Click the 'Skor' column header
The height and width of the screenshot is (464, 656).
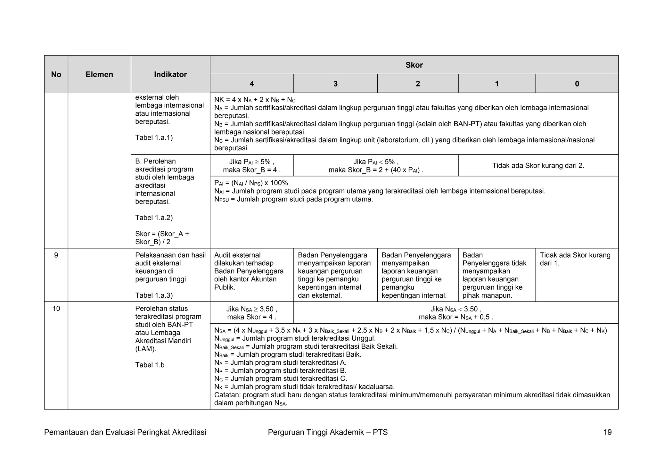pyautogui.click(x=414, y=65)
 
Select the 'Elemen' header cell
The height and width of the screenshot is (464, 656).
pyautogui.click(x=99, y=74)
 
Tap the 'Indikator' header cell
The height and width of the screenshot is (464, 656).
pyautogui.click(x=170, y=74)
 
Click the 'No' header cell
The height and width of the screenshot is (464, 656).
pyautogui.click(x=56, y=74)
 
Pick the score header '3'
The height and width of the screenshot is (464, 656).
pyautogui.click(x=335, y=84)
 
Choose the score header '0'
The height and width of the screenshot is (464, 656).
pyautogui.click(x=577, y=84)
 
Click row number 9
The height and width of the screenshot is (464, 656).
pyautogui.click(x=56, y=255)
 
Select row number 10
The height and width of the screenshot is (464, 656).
pyautogui.click(x=56, y=309)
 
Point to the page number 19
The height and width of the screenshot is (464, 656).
pyautogui.click(x=607, y=432)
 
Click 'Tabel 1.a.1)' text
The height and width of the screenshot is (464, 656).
pyautogui.click(x=154, y=137)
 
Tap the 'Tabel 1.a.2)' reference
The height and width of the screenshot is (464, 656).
pyautogui.click(x=154, y=218)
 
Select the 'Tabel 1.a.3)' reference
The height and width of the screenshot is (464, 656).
pyautogui.click(x=154, y=295)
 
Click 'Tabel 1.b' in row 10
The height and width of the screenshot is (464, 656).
pyautogui.click(x=150, y=365)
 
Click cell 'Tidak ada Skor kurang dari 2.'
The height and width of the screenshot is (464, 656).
pyautogui.click(x=538, y=166)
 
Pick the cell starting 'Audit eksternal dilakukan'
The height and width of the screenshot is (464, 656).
pyautogui.click(x=249, y=271)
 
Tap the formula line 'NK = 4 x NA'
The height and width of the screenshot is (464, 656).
pyautogui.click(x=255, y=100)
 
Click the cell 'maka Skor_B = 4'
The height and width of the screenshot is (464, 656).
pyautogui.click(x=252, y=170)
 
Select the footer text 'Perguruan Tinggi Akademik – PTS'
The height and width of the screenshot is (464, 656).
pyautogui.click(x=328, y=432)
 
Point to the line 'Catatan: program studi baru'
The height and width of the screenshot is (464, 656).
pyautogui.click(x=412, y=395)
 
